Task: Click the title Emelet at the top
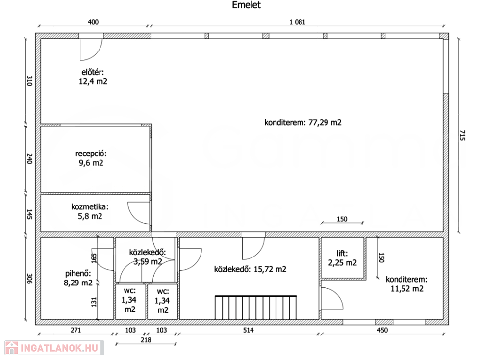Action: click(246, 5)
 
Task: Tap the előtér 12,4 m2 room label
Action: click(93, 77)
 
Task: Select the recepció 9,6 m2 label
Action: click(91, 158)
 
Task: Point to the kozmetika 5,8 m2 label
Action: click(90, 211)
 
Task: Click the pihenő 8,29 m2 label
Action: click(78, 278)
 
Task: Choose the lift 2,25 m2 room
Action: click(342, 258)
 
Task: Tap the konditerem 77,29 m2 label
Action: click(303, 122)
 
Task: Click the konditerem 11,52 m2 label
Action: click(406, 284)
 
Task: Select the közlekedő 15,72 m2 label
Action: click(250, 269)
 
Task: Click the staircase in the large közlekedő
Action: click(255, 308)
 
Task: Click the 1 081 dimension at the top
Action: click(298, 22)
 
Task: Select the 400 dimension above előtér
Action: click(93, 22)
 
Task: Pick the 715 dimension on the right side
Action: click(462, 135)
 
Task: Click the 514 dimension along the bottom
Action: click(249, 330)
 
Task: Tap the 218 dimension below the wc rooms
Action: click(146, 340)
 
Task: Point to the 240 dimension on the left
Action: click(29, 159)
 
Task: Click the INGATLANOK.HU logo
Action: click(54, 348)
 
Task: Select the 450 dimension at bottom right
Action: click(382, 330)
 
